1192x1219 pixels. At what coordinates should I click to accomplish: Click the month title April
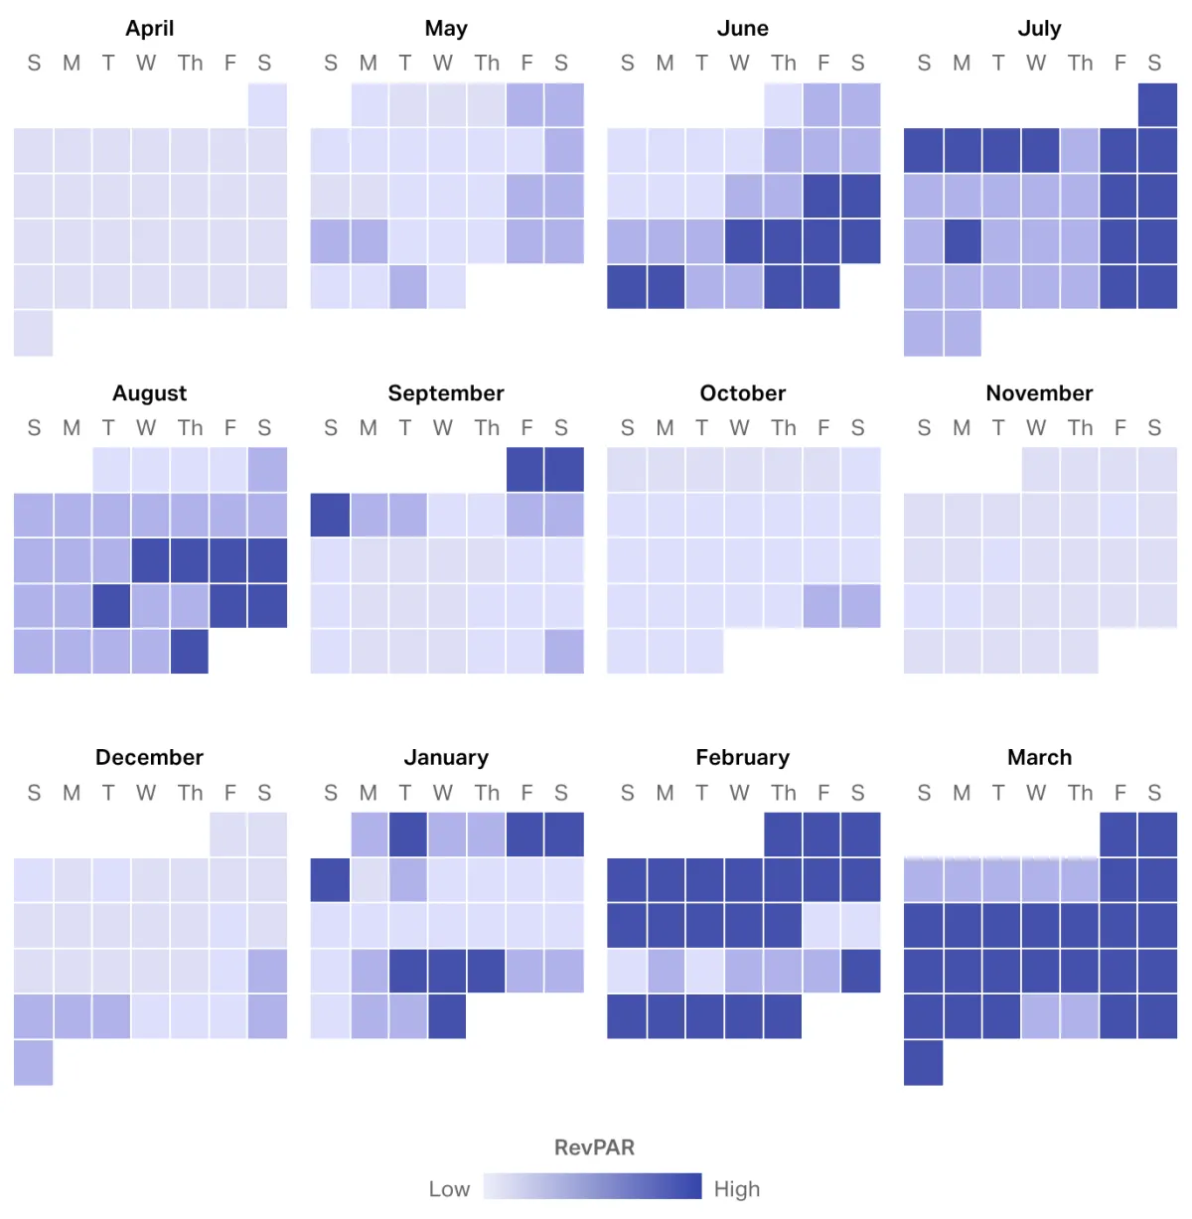point(149,28)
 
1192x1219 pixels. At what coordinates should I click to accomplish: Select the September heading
point(446,392)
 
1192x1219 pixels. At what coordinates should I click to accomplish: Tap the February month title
point(742,757)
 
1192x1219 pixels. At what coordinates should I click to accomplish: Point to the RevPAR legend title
point(594,1146)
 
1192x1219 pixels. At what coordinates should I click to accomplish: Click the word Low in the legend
point(449,1188)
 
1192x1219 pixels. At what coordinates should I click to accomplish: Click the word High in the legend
point(736,1188)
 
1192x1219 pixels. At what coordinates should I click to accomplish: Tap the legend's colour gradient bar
point(592,1186)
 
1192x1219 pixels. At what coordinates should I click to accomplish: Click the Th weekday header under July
point(1080,64)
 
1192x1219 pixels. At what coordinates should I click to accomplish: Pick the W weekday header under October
point(739,428)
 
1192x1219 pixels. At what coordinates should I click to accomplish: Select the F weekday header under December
point(229,793)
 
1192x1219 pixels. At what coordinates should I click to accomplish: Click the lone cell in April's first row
point(267,105)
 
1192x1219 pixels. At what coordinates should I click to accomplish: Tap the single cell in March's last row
point(923,1062)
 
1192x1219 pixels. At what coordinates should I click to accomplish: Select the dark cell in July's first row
point(1157,105)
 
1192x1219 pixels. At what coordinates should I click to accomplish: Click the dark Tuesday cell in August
point(111,606)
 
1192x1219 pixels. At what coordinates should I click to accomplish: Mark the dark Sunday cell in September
point(330,515)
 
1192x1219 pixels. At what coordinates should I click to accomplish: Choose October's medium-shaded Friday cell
point(821,606)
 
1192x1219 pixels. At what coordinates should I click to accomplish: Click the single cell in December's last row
point(33,1062)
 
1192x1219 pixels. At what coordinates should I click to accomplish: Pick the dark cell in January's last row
point(447,1016)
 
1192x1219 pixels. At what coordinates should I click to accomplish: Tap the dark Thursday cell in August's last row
point(189,652)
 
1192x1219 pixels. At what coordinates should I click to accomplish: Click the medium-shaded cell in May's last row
point(407,286)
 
